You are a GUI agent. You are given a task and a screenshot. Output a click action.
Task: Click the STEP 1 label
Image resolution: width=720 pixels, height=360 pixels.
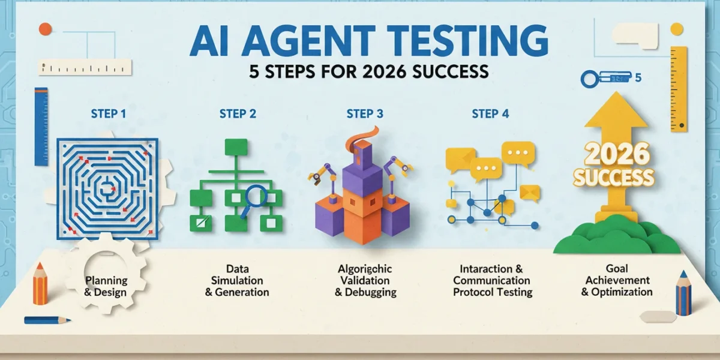(x=109, y=114)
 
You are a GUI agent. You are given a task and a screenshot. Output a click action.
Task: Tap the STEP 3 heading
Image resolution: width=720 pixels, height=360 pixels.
(x=365, y=114)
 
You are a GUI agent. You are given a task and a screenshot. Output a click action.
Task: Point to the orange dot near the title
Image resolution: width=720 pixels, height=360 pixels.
(x=46, y=29)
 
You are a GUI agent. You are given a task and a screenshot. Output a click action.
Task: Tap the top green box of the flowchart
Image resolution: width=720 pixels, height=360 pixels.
(x=236, y=147)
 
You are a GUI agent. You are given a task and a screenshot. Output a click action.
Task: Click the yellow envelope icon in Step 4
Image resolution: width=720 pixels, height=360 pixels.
(x=530, y=193)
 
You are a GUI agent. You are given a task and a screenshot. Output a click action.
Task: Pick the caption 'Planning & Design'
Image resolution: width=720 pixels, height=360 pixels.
(x=106, y=286)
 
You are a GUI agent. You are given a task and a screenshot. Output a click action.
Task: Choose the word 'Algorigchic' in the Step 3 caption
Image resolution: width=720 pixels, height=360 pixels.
(x=365, y=269)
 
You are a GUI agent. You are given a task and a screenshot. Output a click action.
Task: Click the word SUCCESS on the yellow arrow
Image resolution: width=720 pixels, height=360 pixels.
(x=614, y=178)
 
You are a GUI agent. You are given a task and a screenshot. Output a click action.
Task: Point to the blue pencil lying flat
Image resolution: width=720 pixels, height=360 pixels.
(x=47, y=320)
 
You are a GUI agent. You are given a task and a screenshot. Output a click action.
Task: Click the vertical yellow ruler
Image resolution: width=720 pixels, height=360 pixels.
(x=679, y=89)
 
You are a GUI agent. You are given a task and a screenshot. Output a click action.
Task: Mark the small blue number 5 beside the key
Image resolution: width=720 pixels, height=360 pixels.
(x=638, y=78)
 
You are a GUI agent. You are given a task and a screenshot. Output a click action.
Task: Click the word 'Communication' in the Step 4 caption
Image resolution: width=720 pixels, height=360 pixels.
(x=491, y=280)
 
